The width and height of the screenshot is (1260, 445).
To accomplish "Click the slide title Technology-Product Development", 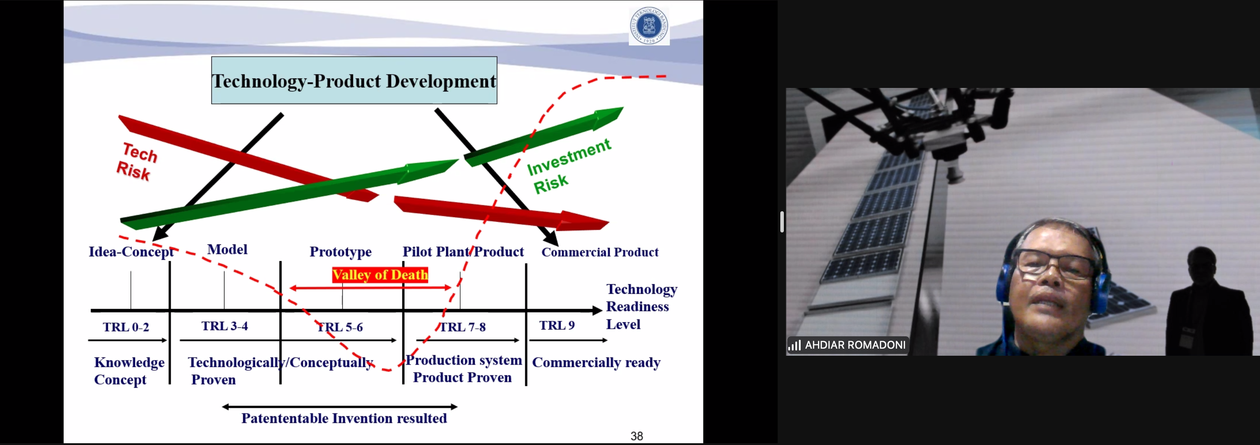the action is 354,81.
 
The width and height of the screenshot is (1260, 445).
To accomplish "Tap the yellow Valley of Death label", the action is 380,275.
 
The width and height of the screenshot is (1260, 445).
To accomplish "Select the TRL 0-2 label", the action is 126,327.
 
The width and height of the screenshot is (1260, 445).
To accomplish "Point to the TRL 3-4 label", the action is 225,326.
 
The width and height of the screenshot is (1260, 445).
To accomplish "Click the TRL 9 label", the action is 557,326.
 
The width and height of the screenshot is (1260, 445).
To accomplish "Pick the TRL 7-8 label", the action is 463,327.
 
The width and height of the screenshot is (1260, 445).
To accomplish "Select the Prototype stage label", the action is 340,252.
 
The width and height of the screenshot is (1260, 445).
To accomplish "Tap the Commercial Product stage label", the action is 599,252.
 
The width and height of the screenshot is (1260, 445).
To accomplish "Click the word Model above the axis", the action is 227,249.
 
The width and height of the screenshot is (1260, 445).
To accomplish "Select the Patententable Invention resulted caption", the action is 344,418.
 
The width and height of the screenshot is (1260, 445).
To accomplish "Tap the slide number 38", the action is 636,436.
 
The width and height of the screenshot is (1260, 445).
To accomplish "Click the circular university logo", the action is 649,26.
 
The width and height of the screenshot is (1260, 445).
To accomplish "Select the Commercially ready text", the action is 596,362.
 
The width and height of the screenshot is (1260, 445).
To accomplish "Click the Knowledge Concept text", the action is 129,371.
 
